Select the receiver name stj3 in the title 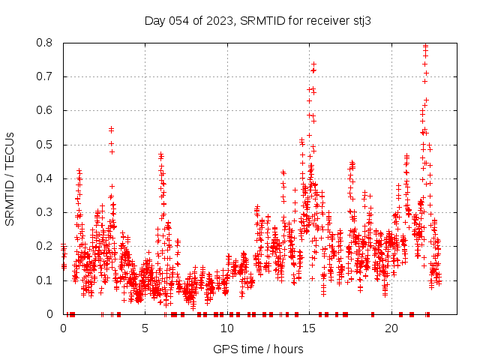tap(359, 21)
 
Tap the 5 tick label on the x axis tap(145, 328)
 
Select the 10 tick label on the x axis tap(227, 328)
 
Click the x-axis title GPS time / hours tap(258, 349)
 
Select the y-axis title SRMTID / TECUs tap(10, 178)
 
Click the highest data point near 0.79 tap(425, 46)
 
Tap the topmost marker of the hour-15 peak tap(313, 64)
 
